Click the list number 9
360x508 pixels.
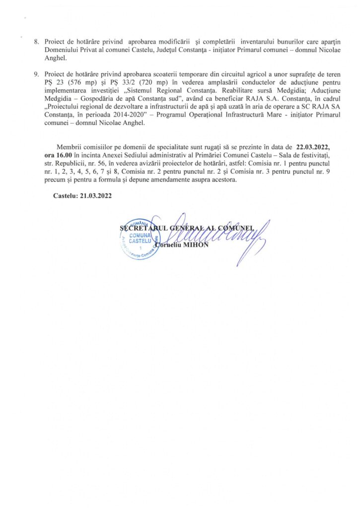[x=36, y=74]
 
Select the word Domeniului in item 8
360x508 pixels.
[x=61, y=50]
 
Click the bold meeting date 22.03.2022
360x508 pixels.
[x=316, y=148]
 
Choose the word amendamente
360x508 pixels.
[x=170, y=180]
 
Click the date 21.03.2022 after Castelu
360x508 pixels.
[x=92, y=195]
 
